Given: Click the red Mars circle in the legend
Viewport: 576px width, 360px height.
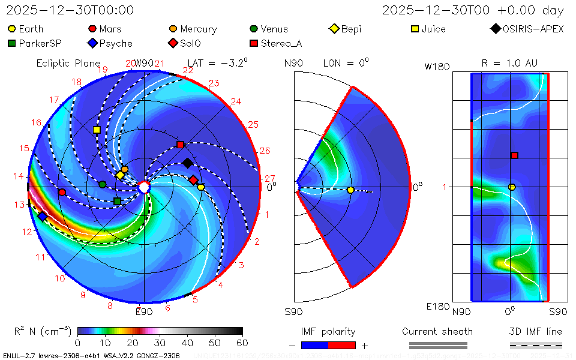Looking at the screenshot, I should (x=92, y=29).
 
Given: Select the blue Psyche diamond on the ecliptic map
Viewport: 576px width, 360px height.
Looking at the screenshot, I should (x=42, y=217).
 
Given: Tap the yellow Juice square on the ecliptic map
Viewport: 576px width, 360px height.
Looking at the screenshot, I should (x=97, y=130).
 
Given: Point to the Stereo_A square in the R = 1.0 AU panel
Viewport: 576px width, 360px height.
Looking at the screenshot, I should (x=514, y=155).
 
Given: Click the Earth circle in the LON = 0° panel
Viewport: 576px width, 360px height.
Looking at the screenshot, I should (x=350, y=190).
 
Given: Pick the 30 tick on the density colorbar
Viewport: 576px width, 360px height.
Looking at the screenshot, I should (x=160, y=343).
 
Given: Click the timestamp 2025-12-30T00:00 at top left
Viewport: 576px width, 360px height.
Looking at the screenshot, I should (x=70, y=10).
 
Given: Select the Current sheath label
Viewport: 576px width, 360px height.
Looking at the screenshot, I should (x=437, y=331).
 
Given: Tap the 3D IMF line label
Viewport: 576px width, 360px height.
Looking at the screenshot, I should (x=536, y=331).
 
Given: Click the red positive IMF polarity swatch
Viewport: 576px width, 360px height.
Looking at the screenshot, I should (x=342, y=345).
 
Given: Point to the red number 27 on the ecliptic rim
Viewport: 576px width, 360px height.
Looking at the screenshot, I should (x=270, y=178).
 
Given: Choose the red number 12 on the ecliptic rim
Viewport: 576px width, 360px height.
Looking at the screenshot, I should (x=27, y=232).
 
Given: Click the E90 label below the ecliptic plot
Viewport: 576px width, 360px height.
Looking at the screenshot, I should (x=144, y=311).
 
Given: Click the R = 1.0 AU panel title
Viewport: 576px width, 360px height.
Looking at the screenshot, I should (x=509, y=63).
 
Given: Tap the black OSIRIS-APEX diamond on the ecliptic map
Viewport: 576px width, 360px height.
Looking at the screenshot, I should (x=188, y=163).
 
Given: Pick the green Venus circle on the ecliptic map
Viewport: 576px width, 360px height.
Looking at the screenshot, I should (x=103, y=184).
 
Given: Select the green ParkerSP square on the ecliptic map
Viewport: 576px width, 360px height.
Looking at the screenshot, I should (x=117, y=200).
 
